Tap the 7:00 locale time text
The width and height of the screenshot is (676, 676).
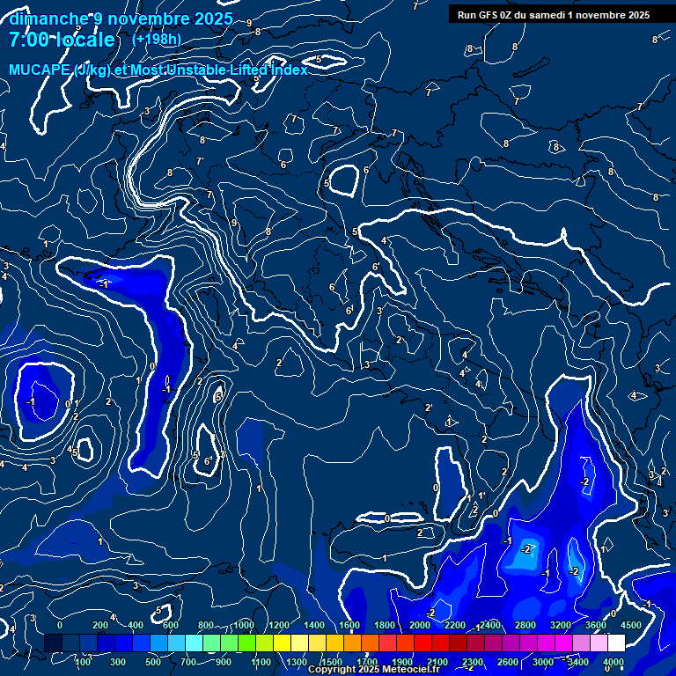62,40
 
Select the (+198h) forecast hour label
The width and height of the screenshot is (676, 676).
157,39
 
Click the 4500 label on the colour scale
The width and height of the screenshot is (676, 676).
630,625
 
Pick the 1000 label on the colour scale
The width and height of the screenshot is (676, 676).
244,625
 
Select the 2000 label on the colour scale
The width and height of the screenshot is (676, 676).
419,625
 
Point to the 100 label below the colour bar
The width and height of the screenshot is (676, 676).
84,662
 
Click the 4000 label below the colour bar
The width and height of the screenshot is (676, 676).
614,662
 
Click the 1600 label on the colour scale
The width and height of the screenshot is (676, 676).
349,625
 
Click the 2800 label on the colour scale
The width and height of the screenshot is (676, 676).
525,625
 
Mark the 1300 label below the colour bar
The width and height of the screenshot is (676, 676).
296,662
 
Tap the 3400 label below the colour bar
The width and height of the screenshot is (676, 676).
578,662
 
